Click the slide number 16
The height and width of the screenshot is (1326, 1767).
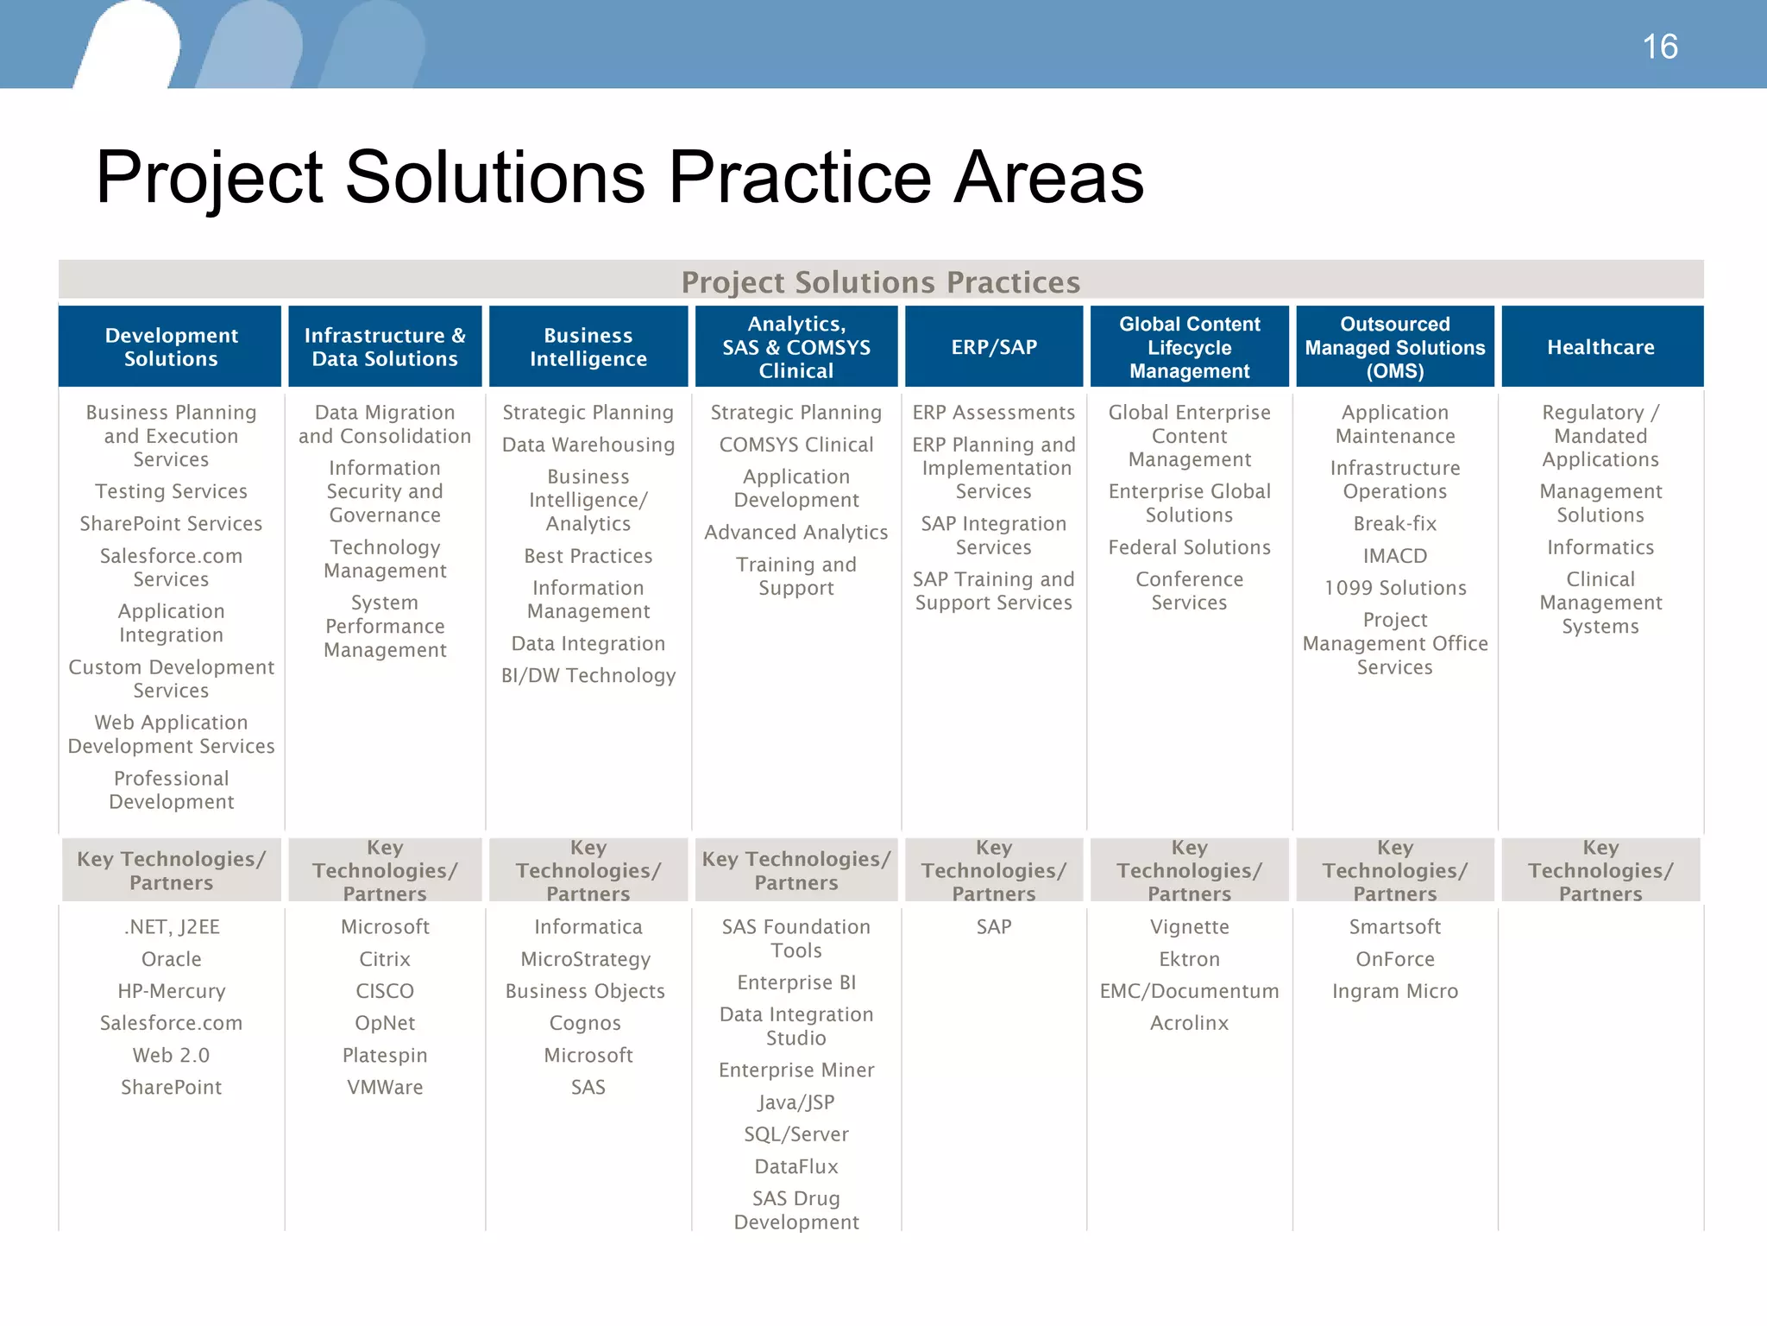point(1659,47)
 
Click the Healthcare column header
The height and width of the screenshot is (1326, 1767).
point(1600,347)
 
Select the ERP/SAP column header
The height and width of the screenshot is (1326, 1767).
point(994,347)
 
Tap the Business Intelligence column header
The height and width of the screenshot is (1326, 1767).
point(588,347)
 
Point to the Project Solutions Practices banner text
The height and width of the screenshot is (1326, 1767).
point(880,282)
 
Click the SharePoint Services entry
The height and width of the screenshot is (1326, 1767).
point(171,524)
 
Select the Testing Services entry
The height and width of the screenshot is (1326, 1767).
point(171,491)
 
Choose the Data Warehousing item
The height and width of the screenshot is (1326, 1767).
point(588,445)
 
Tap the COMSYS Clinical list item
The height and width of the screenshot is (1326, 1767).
point(795,445)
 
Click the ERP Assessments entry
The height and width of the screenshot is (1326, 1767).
point(994,413)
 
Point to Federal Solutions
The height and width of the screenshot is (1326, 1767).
point(1189,547)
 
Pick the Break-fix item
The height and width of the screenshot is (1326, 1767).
point(1394,524)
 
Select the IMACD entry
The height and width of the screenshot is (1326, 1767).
point(1394,556)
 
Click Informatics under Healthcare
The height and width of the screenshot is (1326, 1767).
point(1600,547)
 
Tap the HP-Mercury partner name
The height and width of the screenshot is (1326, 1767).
point(171,991)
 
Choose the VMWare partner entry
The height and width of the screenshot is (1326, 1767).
point(385,1087)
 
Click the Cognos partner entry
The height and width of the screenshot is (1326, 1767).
point(585,1023)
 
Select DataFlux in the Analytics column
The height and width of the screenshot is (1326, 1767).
point(795,1166)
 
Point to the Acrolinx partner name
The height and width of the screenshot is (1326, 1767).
point(1189,1023)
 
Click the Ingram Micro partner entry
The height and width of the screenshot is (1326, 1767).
point(1394,991)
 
